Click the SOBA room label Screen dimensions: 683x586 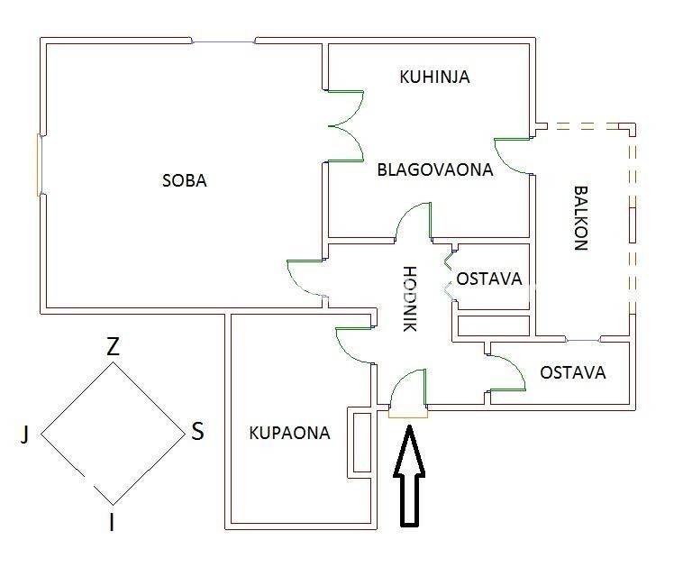pos(184,180)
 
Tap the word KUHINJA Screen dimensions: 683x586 pos(434,77)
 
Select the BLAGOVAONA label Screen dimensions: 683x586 pos(434,169)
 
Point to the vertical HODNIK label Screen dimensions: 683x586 pos(410,299)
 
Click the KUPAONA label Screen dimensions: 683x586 pos(289,433)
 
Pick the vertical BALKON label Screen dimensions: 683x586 pos(580,218)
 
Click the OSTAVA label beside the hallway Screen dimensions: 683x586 pos(488,279)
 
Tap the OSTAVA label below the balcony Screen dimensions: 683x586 pos(573,372)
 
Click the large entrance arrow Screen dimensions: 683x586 pos(409,475)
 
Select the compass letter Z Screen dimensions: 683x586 pos(113,347)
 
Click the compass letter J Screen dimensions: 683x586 pos(25,434)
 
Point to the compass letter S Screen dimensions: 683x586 pos(197,431)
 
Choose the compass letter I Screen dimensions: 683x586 pos(112,522)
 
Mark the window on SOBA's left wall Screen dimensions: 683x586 pos(39,165)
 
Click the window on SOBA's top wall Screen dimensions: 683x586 pos(223,41)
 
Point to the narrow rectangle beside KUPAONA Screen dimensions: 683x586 pos(361,443)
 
